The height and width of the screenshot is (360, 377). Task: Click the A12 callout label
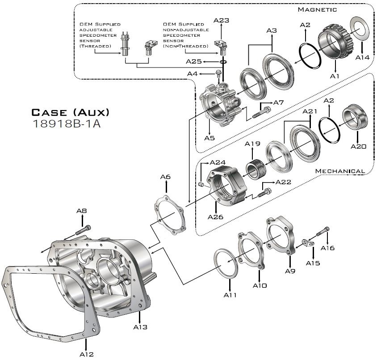pyautogui.click(x=87, y=354)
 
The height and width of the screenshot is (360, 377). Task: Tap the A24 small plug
pyautogui.click(x=201, y=184)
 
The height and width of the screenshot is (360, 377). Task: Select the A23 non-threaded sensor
pyautogui.click(x=221, y=44)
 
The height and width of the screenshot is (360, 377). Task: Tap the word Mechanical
pyautogui.click(x=340, y=171)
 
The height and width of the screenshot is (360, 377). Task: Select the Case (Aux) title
pyautogui.click(x=70, y=111)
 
